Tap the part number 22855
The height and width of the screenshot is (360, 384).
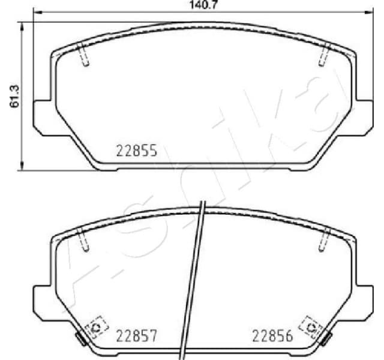pos(136,151)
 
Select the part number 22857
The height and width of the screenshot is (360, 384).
pos(136,335)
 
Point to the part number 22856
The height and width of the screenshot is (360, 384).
pos(272,335)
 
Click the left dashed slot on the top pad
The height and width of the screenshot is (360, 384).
pos(85,55)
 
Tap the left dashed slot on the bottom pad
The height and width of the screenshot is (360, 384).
pos(85,241)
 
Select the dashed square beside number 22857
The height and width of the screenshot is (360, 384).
pos(95,327)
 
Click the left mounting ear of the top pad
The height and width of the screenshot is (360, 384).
pos(41,115)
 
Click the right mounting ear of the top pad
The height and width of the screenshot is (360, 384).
pos(364,115)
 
